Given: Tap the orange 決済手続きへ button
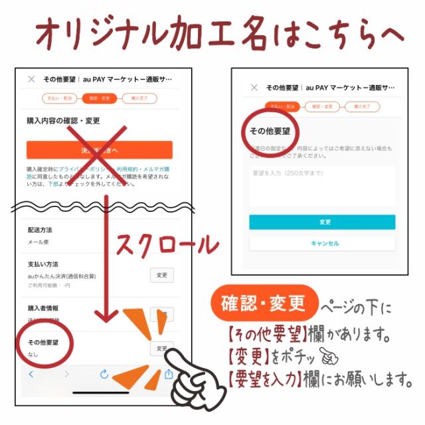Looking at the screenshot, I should pos(100,150).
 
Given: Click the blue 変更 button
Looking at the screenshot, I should pos(322,222).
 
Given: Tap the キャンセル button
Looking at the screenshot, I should pos(322,244).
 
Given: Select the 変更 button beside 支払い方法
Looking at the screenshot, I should pos(162,274).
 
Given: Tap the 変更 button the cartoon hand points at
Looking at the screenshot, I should pos(162,348).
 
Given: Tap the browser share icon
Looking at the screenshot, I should pos(169,374).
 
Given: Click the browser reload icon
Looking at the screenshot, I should pos(104,375).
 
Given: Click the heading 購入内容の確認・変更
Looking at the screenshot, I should pos(63,121).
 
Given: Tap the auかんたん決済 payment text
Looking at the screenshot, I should pos(60,275).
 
